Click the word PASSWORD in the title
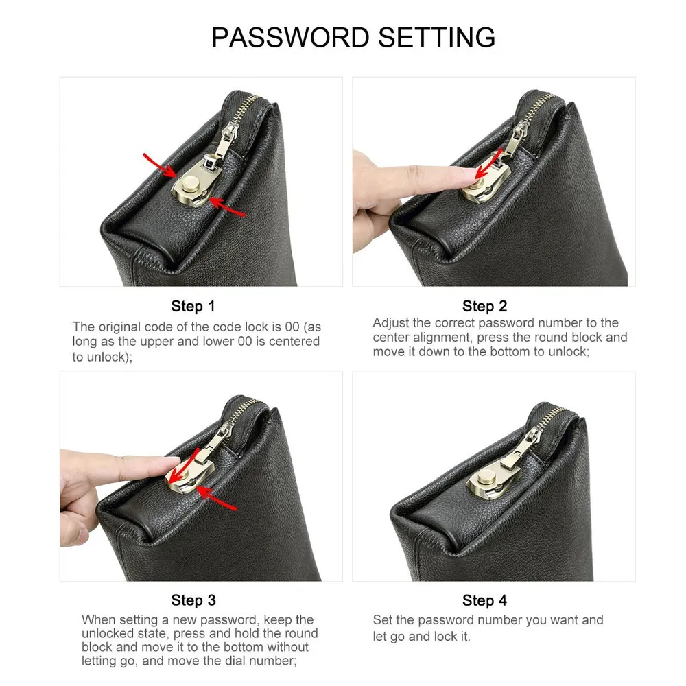tap(291, 37)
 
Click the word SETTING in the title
tap(436, 37)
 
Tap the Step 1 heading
tap(193, 306)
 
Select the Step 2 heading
tap(484, 306)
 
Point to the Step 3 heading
tap(193, 600)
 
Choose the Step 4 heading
tap(484, 600)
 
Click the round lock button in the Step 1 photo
tap(190, 182)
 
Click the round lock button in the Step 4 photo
tap(485, 477)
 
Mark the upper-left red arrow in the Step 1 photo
tap(160, 166)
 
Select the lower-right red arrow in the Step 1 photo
tap(227, 206)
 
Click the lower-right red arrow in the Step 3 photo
tap(217, 499)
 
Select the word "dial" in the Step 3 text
tap(248, 661)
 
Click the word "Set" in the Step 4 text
tap(381, 620)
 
